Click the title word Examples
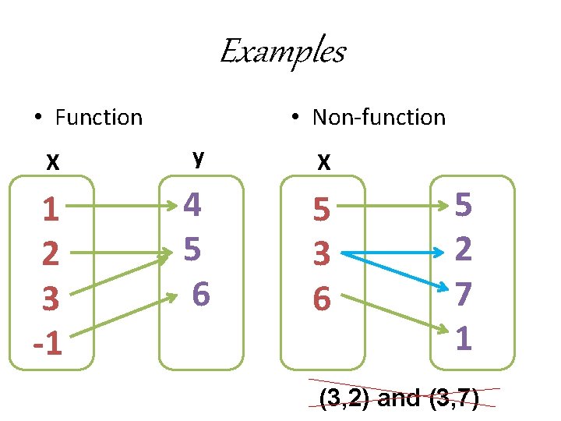coord(282,52)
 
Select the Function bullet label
coord(98,118)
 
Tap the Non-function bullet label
coord(378,118)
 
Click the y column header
coord(199,158)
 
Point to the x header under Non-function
coord(323,161)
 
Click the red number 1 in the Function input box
coord(51,209)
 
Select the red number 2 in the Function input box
coord(51,253)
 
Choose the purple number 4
coord(192,206)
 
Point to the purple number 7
coord(464,294)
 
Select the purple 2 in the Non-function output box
coord(464,249)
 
